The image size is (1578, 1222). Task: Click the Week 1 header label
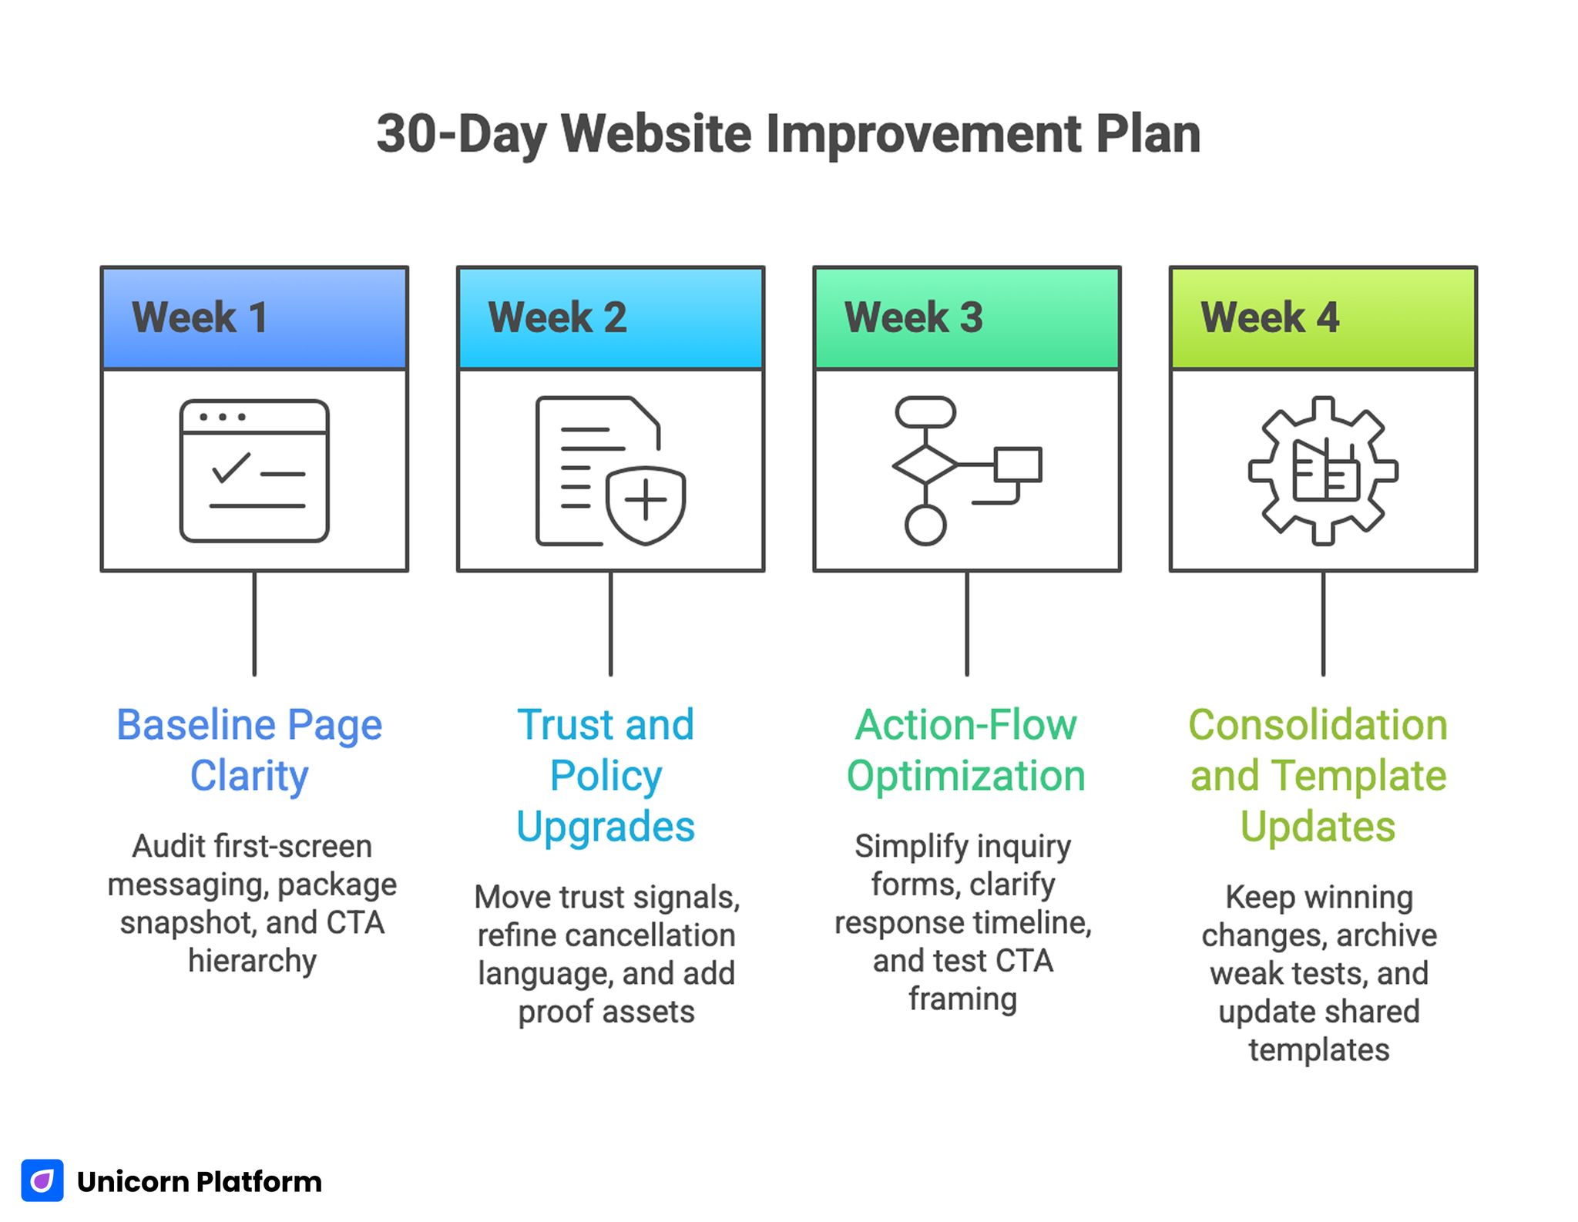(x=200, y=317)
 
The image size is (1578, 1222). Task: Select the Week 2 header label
(x=557, y=317)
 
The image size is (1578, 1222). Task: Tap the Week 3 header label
(x=913, y=317)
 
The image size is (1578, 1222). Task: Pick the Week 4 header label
(x=1270, y=317)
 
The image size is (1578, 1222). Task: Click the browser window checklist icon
(x=254, y=471)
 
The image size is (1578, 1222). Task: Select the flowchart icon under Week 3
(x=967, y=471)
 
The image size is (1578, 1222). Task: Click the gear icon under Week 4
(x=1323, y=471)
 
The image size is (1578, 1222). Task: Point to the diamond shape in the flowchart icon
(x=925, y=465)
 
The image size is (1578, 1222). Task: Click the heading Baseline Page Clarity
(x=250, y=750)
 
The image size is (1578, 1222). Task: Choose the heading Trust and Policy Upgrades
(x=606, y=775)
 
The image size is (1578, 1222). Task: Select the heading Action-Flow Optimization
(x=966, y=750)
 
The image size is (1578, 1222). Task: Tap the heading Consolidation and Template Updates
(x=1318, y=775)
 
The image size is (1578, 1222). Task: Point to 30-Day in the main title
(x=461, y=134)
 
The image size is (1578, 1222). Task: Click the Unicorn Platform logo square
(x=42, y=1180)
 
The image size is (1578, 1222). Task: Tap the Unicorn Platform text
(x=200, y=1181)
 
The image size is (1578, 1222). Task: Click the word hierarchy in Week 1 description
(x=253, y=961)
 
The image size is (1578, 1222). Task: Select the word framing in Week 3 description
(x=962, y=999)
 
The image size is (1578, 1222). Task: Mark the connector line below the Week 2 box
(x=610, y=623)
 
